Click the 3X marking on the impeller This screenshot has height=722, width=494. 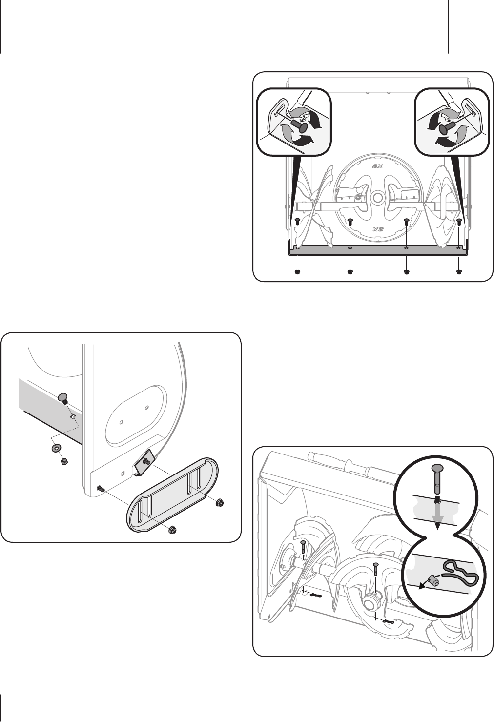click(x=376, y=166)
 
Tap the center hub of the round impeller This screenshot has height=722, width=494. click(x=376, y=198)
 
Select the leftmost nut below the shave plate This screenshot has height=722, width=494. click(x=297, y=271)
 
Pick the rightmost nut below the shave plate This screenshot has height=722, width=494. click(x=459, y=271)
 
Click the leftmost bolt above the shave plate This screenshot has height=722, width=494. click(x=297, y=222)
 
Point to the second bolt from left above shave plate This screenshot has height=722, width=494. click(x=350, y=222)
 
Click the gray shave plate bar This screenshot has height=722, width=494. click(x=378, y=251)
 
